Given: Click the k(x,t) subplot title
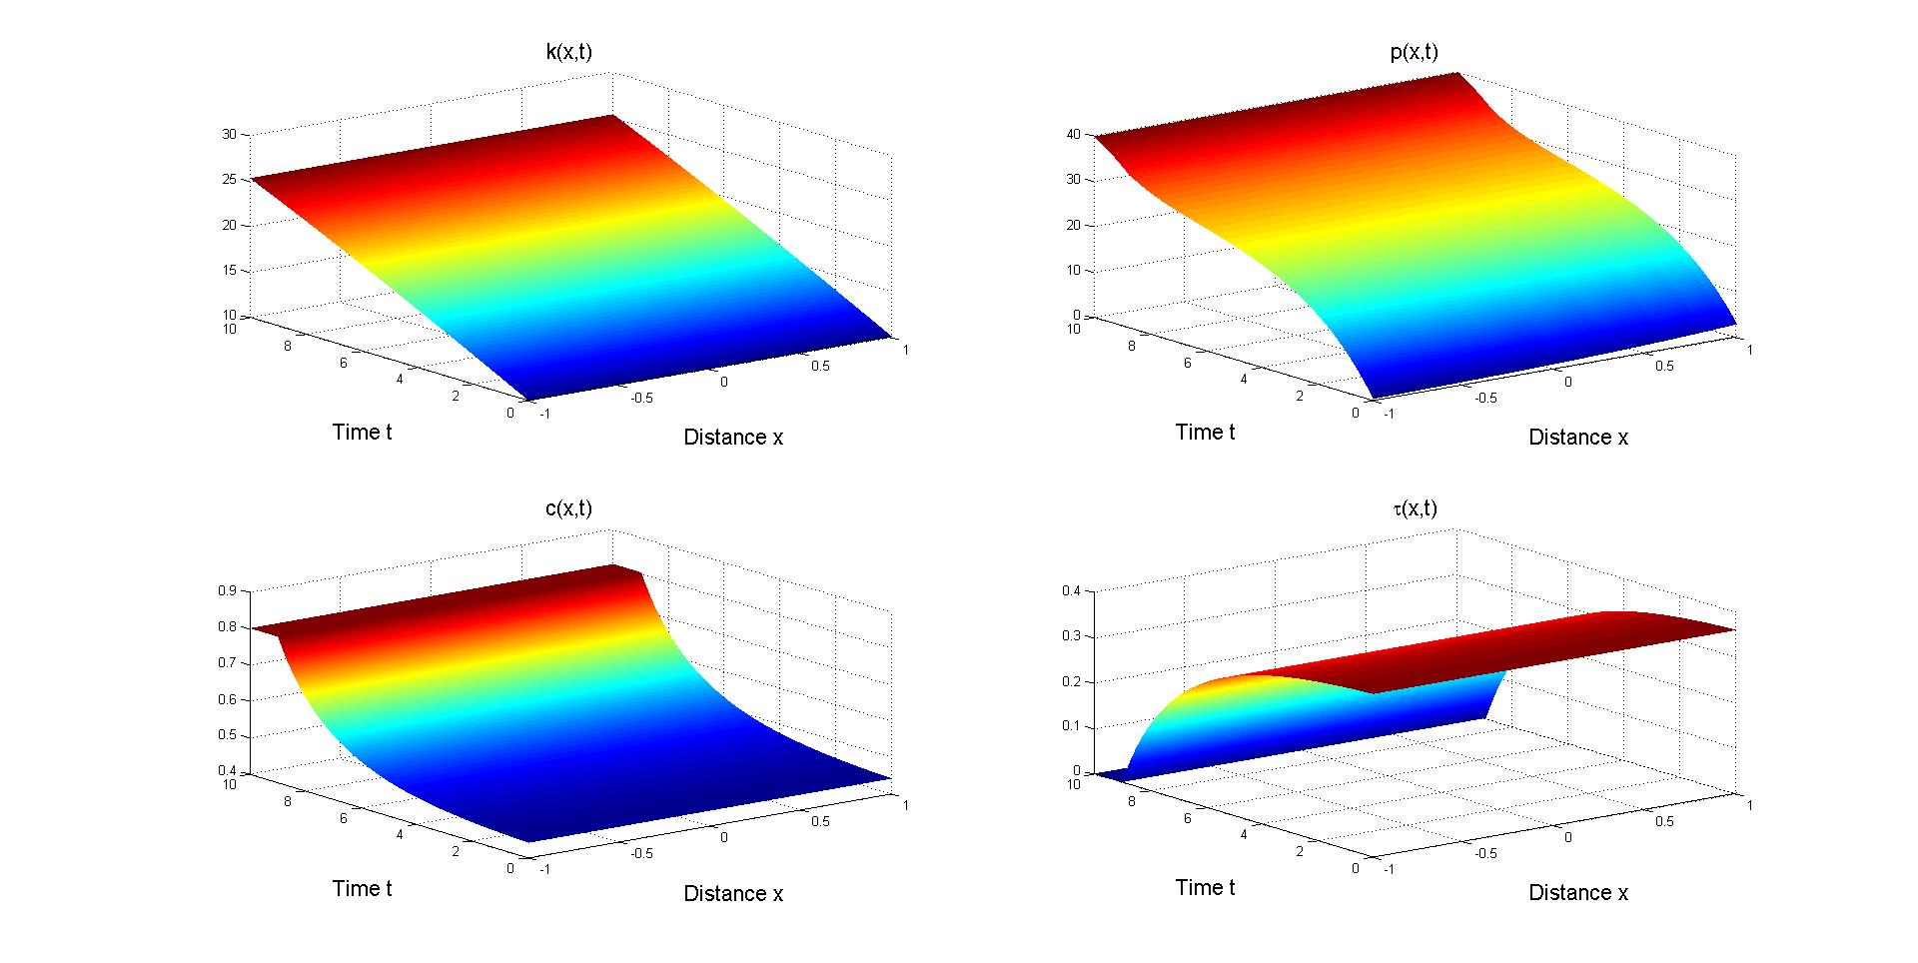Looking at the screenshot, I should coord(568,52).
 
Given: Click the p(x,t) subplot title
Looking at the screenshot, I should coord(1414,52).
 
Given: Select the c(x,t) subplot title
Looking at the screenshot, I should coord(568,508).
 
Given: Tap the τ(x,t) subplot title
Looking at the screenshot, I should coord(1414,508).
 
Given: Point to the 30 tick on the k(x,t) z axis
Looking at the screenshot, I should coord(229,134).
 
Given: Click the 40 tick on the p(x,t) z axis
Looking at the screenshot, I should coord(1075,134).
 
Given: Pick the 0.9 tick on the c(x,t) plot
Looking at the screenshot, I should coord(227,590).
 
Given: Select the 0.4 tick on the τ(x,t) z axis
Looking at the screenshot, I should coord(1071,590).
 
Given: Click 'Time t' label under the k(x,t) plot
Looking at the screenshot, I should coord(362,432).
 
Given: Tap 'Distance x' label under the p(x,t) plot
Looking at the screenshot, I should coord(1578,438).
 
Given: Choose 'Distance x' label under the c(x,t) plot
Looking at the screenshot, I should coord(733,894).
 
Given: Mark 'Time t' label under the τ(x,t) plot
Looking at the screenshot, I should coord(1205,888).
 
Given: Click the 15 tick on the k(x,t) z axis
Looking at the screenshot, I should coord(229,271).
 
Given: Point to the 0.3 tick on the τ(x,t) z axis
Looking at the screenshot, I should coord(1071,636).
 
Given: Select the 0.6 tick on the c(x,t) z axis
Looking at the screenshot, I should coord(227,699).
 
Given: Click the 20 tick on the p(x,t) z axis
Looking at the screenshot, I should coord(1075,225).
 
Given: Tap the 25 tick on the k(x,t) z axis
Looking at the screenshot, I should coord(229,180).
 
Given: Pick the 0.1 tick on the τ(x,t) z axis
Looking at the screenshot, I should coord(1071,726).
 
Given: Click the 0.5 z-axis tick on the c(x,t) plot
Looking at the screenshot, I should coord(227,736).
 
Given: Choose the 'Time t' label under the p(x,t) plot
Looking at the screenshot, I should coord(1205,432).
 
